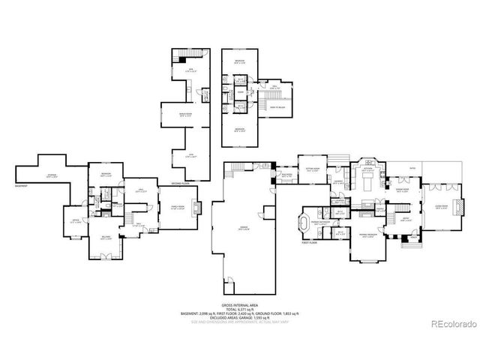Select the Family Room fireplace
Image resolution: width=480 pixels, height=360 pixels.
tap(196, 207)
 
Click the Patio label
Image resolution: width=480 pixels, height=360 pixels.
tap(413, 168)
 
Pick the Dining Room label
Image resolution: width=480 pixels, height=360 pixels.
tap(403, 190)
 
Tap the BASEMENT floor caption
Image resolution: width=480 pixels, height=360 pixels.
tap(22, 185)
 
